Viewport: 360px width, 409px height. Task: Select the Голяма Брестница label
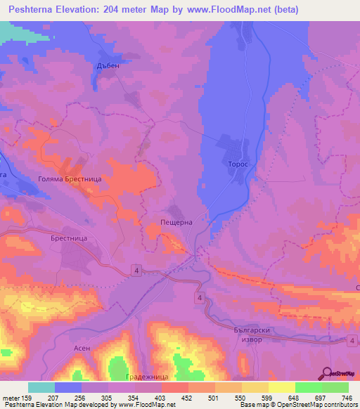point(70,180)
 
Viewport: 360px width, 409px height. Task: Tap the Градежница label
point(146,377)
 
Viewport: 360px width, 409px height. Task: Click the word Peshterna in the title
point(37,10)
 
